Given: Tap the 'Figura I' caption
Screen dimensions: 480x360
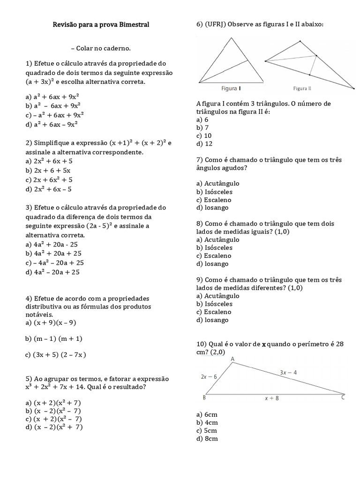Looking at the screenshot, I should (232, 88).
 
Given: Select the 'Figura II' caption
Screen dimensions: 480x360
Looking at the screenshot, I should (302, 88).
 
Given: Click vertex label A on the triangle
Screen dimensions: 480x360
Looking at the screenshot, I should (233, 359).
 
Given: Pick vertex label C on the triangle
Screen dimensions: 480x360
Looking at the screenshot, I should (343, 398).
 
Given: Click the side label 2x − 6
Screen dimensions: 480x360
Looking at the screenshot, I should (209, 376).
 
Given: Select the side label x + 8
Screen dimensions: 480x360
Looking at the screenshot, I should (272, 398).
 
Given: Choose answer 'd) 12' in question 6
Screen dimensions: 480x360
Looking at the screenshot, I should (204, 144).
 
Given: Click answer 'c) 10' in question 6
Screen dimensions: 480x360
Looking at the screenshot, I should (204, 135).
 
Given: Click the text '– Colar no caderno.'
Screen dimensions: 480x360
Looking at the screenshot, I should (101, 48).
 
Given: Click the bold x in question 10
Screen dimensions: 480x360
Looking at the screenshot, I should (263, 344).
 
